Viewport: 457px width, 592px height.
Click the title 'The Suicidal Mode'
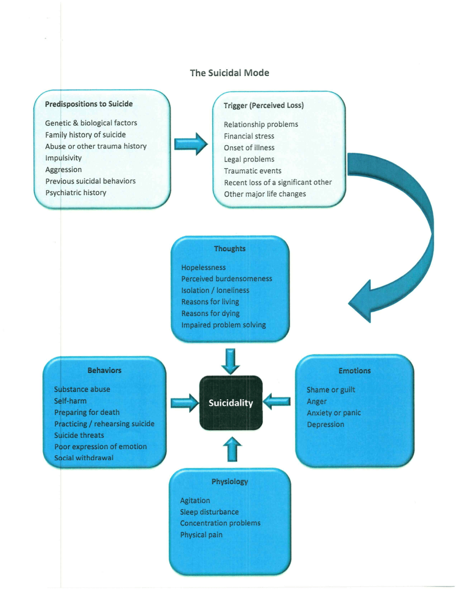click(229, 73)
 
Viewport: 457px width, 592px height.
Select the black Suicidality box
click(231, 403)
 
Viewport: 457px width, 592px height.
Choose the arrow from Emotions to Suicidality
click(277, 401)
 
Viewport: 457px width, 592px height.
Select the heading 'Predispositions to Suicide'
click(88, 104)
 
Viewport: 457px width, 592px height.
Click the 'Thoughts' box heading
click(230, 249)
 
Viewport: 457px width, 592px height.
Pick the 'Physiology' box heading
click(230, 482)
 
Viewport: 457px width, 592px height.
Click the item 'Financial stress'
click(249, 136)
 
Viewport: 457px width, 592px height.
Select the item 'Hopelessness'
click(203, 267)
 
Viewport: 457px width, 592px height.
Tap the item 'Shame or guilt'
click(331, 390)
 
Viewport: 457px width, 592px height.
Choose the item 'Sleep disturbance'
click(209, 512)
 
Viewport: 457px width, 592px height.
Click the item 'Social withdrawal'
click(83, 458)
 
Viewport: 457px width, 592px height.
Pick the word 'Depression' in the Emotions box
click(325, 424)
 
